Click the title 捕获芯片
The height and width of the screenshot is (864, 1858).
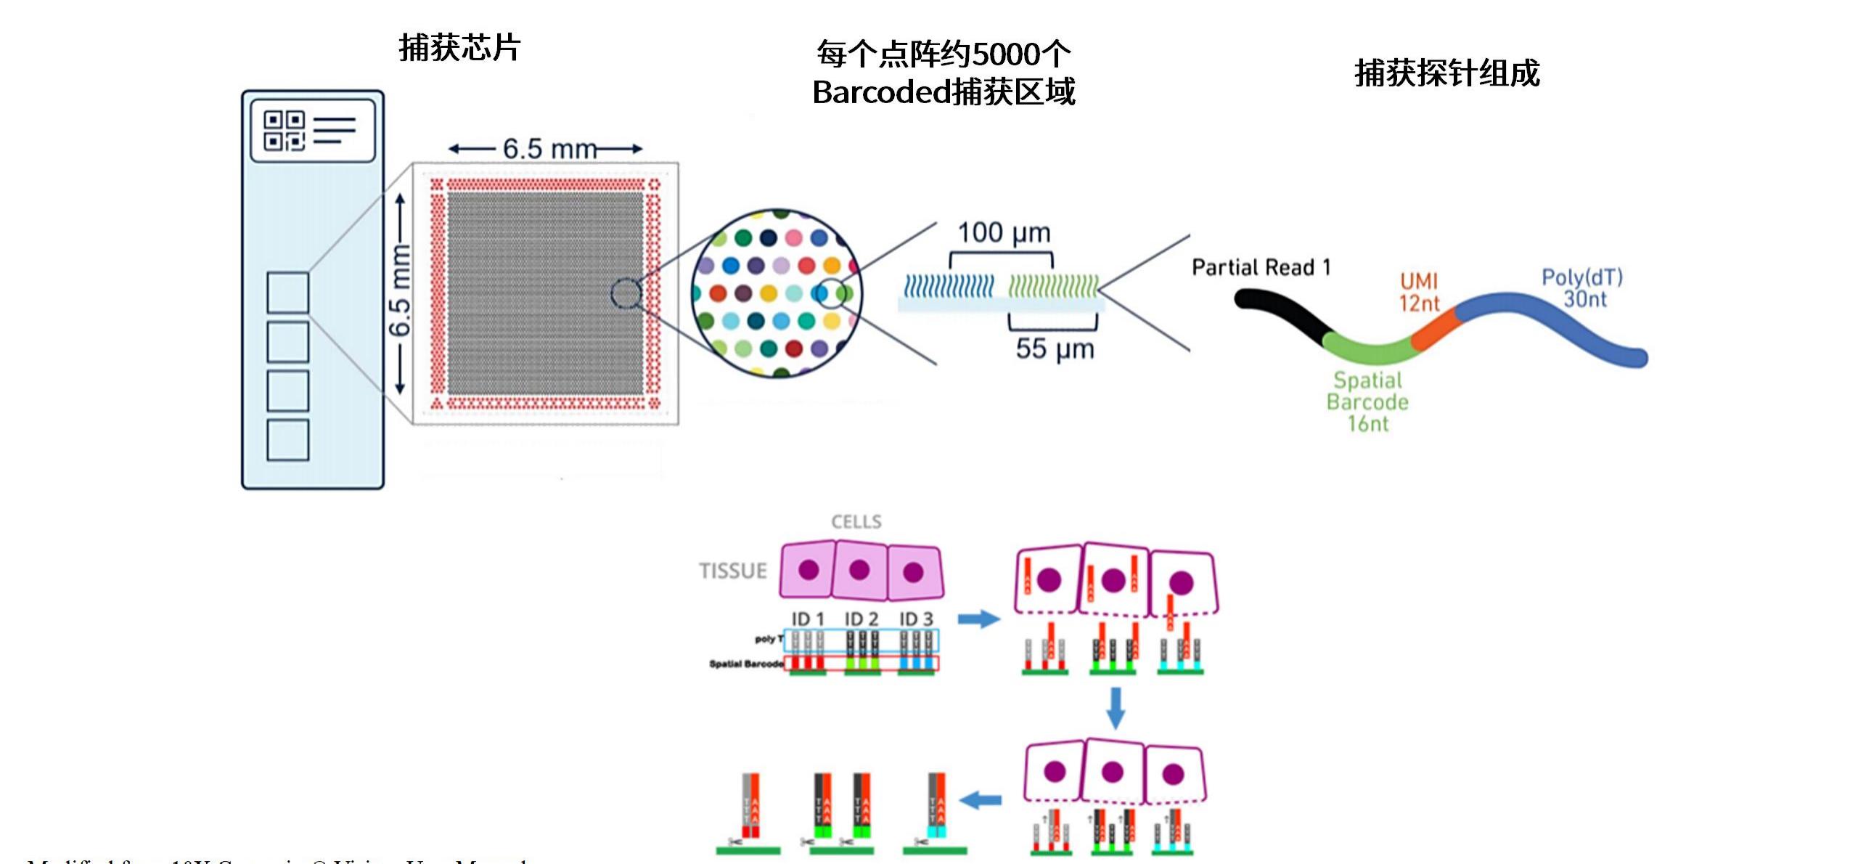click(459, 48)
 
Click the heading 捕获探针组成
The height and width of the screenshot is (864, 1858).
click(1446, 73)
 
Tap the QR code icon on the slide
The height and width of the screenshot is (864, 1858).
click(284, 130)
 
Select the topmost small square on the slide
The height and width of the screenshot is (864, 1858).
click(287, 292)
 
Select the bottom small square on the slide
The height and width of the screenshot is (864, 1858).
click(287, 440)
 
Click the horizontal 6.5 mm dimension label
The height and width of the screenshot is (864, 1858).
click(549, 149)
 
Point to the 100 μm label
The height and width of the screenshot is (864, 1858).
click(1004, 233)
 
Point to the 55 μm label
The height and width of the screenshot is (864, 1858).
click(1055, 349)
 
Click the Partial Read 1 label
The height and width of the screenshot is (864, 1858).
click(1261, 267)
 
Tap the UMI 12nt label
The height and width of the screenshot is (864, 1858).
click(1419, 292)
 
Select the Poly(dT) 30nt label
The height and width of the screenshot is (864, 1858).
click(1582, 288)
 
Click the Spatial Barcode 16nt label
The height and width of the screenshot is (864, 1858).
click(1368, 402)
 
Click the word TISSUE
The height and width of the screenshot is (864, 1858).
click(733, 571)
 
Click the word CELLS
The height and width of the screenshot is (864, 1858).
click(856, 521)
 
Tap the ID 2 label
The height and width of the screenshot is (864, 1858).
click(861, 619)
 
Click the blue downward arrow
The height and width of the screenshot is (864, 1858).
click(1116, 706)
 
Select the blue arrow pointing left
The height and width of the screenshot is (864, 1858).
click(981, 800)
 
